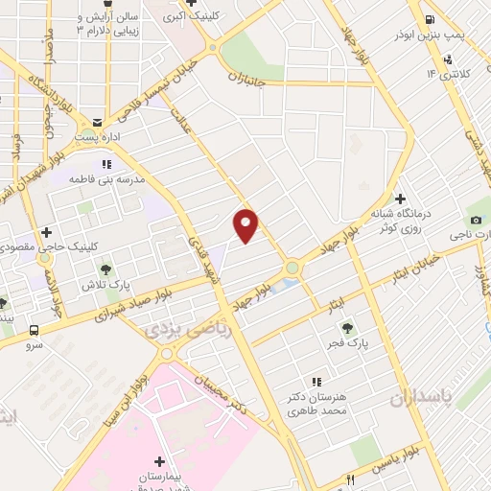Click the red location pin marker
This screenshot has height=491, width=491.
[x=245, y=225]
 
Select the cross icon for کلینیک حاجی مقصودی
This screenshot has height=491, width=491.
[x=46, y=231]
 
